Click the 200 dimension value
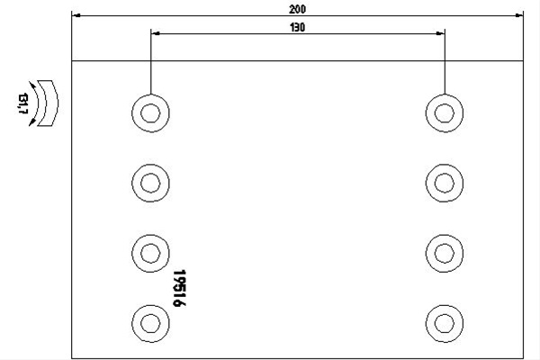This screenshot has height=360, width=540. (x=297, y=9)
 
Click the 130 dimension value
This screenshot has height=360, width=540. (x=298, y=28)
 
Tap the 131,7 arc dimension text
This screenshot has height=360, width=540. (x=22, y=103)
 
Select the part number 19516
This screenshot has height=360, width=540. (x=179, y=288)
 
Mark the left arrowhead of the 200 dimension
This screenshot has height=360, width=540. (x=76, y=15)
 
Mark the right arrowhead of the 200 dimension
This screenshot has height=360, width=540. (x=518, y=15)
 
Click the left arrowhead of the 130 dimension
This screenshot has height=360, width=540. (x=156, y=33)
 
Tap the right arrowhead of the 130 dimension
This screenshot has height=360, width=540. (x=440, y=33)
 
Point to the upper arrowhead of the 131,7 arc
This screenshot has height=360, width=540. (x=32, y=85)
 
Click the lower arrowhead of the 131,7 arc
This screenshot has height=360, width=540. (x=32, y=121)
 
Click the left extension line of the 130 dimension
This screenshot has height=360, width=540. (x=151, y=62)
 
